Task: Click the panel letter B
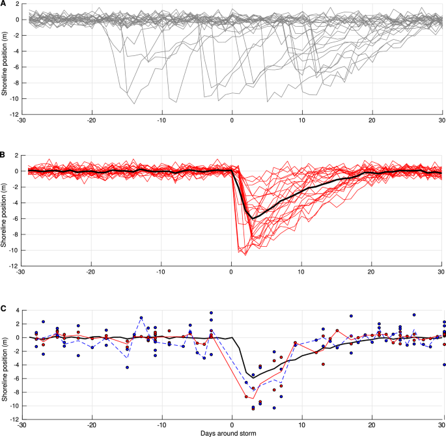(x=3, y=155)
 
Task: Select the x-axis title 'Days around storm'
(x=232, y=432)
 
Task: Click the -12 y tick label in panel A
(x=12, y=114)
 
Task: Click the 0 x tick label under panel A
(x=232, y=121)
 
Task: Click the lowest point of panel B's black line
(x=253, y=218)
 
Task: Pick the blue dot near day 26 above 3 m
(x=414, y=315)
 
